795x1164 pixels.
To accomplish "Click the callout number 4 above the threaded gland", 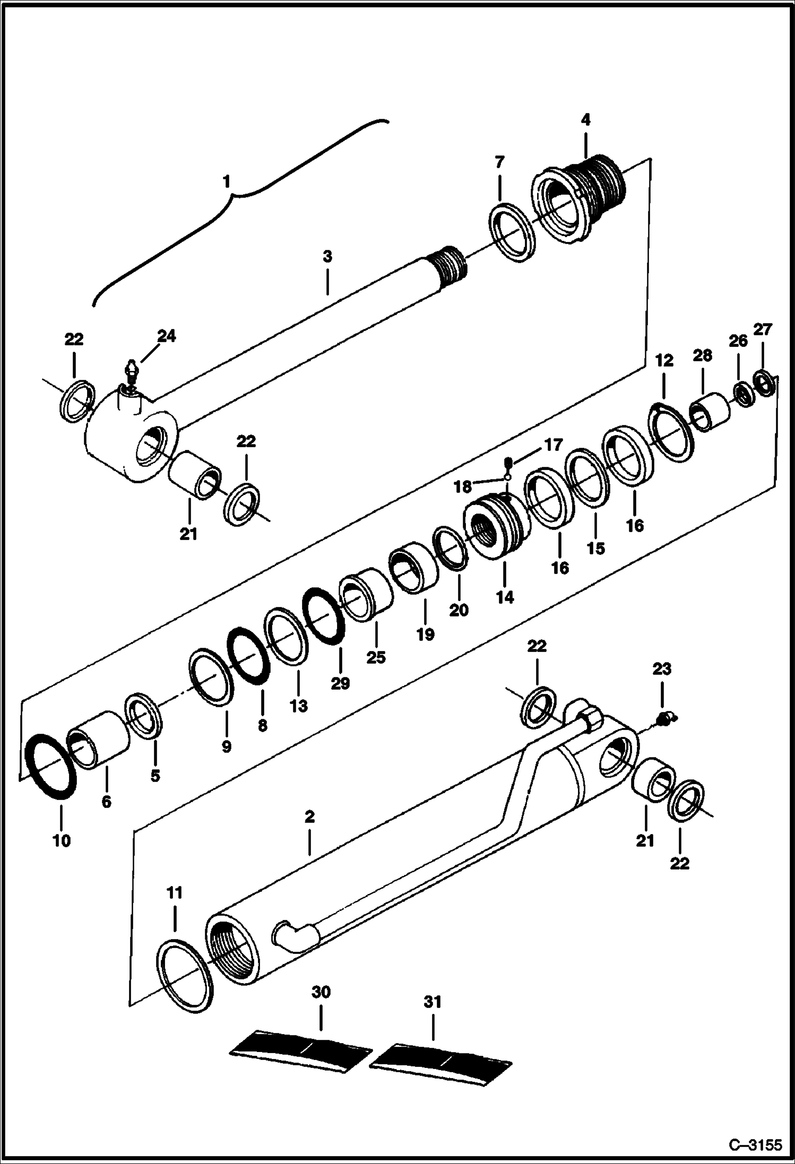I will pyautogui.click(x=585, y=120).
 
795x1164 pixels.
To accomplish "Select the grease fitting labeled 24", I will pyautogui.click(x=131, y=371).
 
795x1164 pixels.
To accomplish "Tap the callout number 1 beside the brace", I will pyautogui.click(x=226, y=182).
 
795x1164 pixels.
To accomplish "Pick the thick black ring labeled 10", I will pyautogui.click(x=51, y=767).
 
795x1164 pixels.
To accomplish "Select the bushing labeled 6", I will pyautogui.click(x=99, y=740).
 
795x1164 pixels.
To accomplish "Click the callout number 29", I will pyautogui.click(x=340, y=684).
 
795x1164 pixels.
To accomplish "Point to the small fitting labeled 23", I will pyautogui.click(x=663, y=719).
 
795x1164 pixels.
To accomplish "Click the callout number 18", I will pyautogui.click(x=463, y=486).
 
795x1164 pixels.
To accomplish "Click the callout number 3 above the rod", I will pyautogui.click(x=327, y=257).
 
